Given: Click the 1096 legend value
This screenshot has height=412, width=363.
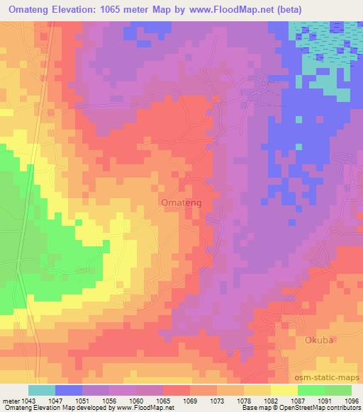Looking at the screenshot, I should (x=352, y=401).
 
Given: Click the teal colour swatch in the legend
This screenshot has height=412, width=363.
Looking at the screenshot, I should (x=42, y=390).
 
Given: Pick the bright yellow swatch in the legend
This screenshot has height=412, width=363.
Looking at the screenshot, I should (x=284, y=390).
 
